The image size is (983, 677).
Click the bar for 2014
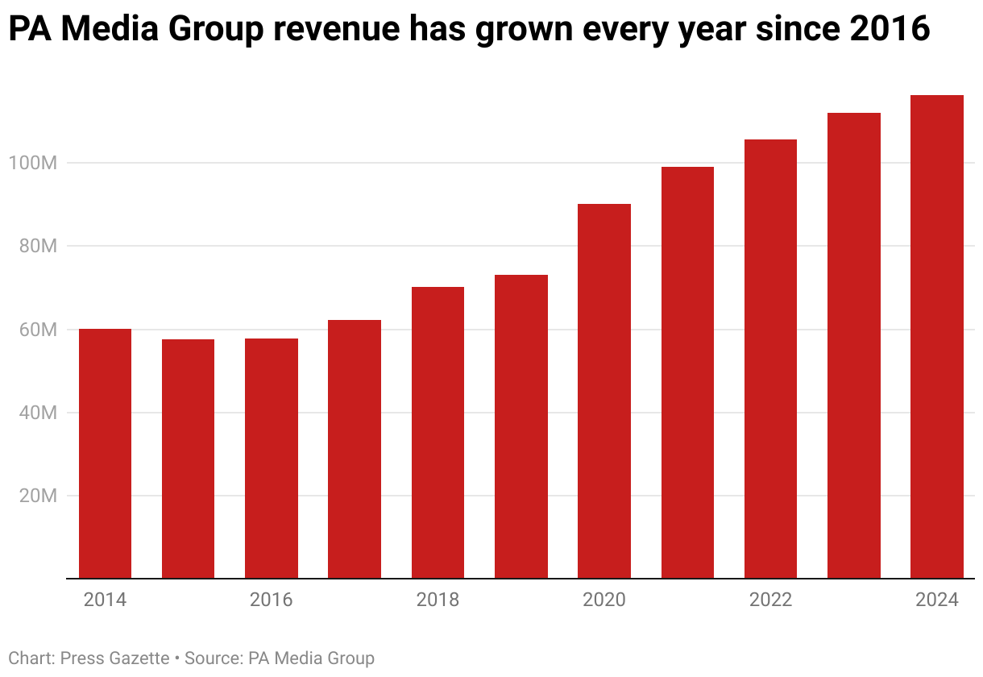point(105,453)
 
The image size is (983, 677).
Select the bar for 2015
point(188,459)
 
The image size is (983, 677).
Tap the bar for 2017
point(355,449)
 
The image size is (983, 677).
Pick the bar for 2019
point(521,426)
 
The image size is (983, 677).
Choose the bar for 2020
point(604,391)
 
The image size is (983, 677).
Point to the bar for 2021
point(687,372)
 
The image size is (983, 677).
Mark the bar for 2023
point(854,345)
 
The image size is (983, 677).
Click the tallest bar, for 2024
point(937,336)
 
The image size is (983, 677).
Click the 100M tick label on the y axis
point(32,163)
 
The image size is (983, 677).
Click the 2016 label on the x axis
point(272,600)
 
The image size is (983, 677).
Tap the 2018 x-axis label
point(438,600)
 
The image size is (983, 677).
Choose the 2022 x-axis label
point(770,600)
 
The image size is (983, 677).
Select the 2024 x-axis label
point(937,600)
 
